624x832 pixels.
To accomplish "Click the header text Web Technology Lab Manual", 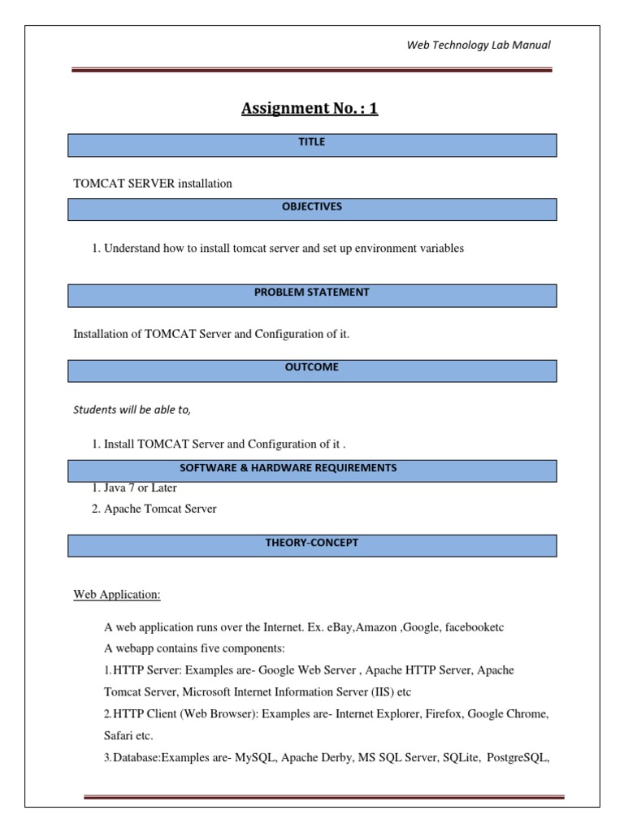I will tap(479, 45).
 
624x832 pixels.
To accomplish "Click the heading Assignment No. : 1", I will tap(310, 108).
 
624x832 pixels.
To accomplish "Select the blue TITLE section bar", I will tap(312, 145).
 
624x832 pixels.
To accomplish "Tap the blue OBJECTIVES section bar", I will tap(312, 209).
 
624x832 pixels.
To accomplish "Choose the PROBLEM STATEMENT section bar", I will tap(312, 295).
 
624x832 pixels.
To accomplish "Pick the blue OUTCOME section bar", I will tap(312, 370).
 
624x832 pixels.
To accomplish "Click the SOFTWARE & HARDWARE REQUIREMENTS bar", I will tap(312, 470).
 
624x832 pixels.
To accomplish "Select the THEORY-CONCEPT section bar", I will tap(312, 544).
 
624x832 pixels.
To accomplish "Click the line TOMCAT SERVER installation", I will tap(153, 184).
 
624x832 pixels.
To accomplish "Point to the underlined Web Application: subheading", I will tap(117, 595).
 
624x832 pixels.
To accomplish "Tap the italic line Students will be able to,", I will tap(132, 409).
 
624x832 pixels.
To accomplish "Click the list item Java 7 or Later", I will tap(140, 488).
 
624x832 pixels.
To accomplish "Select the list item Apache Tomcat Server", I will tap(160, 509).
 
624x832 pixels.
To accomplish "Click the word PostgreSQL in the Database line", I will tap(518, 758).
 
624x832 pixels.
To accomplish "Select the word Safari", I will tap(119, 736).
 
